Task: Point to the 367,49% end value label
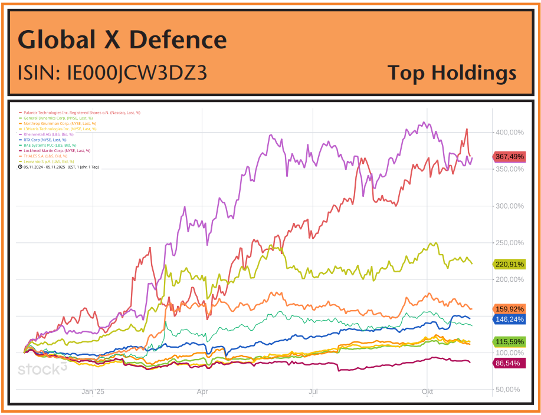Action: pos(509,156)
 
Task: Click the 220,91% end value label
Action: pos(509,264)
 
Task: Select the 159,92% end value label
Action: pos(509,309)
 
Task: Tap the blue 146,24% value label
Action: pos(509,319)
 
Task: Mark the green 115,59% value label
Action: pos(509,342)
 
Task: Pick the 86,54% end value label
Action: pos(509,363)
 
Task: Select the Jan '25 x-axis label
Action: pos(93,391)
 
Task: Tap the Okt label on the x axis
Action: pos(428,391)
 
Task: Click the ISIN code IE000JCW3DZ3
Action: pos(112,73)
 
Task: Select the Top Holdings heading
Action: pos(452,73)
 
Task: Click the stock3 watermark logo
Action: pos(42,369)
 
